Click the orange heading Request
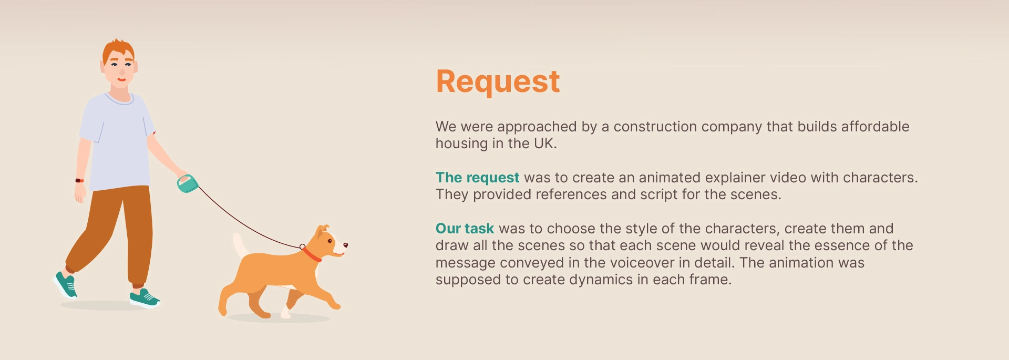pyautogui.click(x=498, y=82)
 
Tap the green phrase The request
pyautogui.click(x=477, y=178)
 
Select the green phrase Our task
pyautogui.click(x=465, y=229)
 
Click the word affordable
pyautogui.click(x=875, y=127)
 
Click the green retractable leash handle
pyautogui.click(x=187, y=183)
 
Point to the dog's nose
pyautogui.click(x=345, y=244)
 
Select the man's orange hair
pyautogui.click(x=118, y=50)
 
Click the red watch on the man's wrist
pyautogui.click(x=79, y=180)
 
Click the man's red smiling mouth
pyautogui.click(x=121, y=80)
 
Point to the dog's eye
pyautogui.click(x=330, y=241)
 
